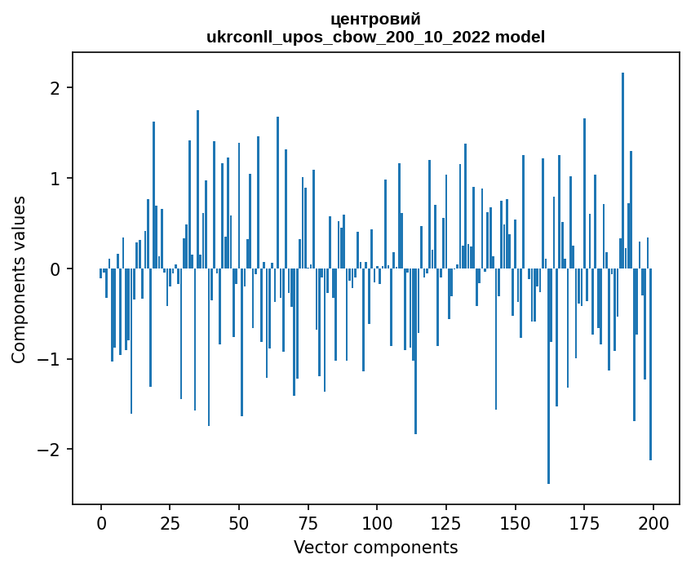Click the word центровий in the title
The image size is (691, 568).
tap(375, 20)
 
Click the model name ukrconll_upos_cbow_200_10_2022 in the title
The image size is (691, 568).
tap(375, 37)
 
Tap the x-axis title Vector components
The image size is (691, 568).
tap(375, 547)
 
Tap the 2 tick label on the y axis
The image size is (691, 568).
tap(56, 88)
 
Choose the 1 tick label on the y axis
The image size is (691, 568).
tap(56, 179)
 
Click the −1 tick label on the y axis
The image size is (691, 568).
tap(51, 360)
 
